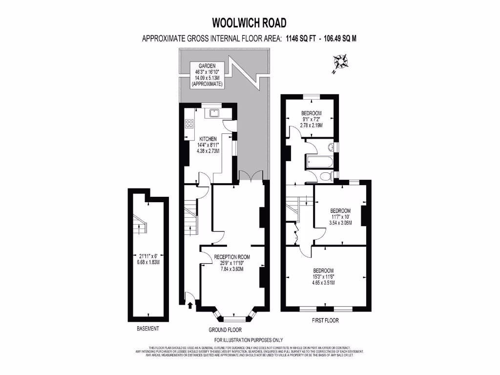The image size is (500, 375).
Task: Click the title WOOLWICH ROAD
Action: coord(249,22)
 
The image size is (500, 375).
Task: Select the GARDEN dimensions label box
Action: coord(207,75)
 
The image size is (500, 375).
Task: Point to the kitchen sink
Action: coord(213,113)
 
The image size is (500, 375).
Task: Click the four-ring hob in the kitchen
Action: coord(188,124)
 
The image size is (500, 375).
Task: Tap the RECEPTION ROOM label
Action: coord(231,263)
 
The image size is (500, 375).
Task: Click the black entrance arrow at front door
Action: coord(190,306)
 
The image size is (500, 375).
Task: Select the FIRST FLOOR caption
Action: coord(325,321)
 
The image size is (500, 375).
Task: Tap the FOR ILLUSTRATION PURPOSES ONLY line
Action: coord(249,340)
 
